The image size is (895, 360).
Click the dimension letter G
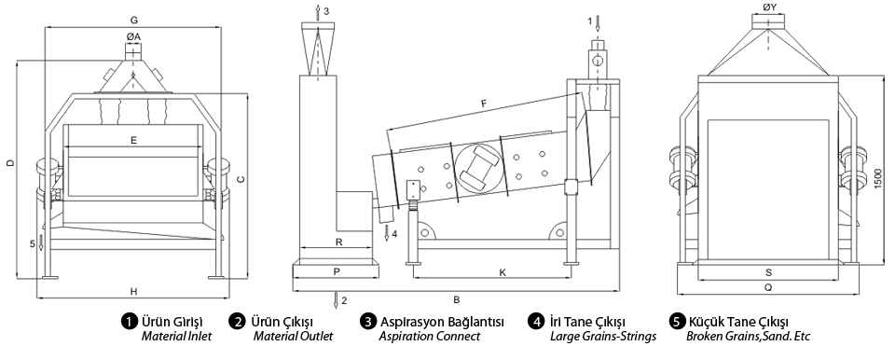(134, 20)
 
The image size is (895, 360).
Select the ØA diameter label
(133, 36)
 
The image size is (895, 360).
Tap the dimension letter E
(133, 139)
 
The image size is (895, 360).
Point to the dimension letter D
(9, 163)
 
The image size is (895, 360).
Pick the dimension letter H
(133, 291)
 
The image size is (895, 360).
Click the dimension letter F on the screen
(484, 104)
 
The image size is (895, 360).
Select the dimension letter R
(338, 242)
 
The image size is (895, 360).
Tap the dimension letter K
(503, 272)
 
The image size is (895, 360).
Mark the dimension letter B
(457, 298)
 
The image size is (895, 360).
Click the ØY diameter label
(769, 7)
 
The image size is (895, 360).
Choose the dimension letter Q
(768, 288)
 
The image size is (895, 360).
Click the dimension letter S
(768, 272)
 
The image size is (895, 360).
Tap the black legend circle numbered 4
(535, 322)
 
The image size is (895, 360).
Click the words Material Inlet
(176, 336)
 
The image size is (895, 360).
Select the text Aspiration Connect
(429, 336)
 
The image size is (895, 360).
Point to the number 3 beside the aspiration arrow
(326, 11)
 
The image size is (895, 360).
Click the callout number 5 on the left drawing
(33, 244)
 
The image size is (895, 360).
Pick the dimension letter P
(337, 272)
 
